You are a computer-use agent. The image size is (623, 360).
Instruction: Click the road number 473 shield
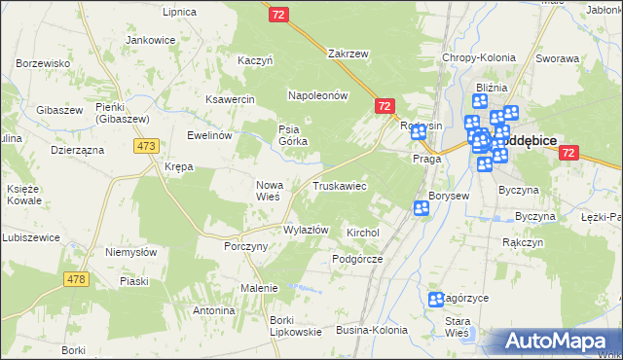tap(147, 146)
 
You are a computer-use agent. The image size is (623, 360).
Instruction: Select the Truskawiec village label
tap(339, 185)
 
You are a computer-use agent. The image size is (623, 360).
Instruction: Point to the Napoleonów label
tap(317, 95)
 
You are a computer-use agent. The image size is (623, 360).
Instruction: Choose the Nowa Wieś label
tap(269, 189)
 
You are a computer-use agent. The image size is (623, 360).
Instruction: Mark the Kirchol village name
tap(362, 234)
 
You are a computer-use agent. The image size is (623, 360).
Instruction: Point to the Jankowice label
tap(150, 41)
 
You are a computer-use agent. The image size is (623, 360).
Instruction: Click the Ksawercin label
tap(230, 99)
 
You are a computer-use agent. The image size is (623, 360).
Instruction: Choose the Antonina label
tap(214, 310)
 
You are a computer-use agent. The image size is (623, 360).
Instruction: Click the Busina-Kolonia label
tap(372, 331)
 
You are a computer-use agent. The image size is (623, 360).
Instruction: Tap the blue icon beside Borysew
tap(421, 207)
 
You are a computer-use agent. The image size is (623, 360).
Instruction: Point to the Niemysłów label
tap(130, 251)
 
